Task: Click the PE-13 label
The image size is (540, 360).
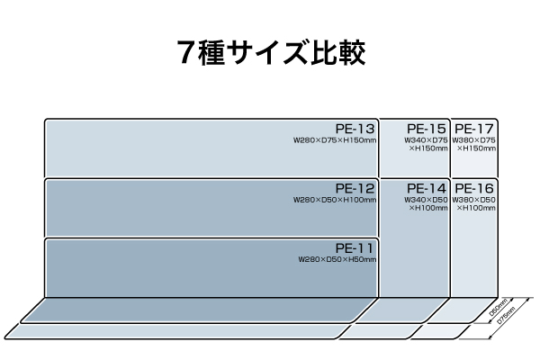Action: pyautogui.click(x=354, y=130)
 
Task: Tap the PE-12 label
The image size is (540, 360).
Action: pyautogui.click(x=354, y=188)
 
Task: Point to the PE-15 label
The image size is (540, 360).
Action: pyautogui.click(x=427, y=130)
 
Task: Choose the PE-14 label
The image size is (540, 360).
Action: pyautogui.click(x=427, y=188)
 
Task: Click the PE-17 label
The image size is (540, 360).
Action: pyautogui.click(x=474, y=130)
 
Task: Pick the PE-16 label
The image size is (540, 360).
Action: pyautogui.click(x=474, y=188)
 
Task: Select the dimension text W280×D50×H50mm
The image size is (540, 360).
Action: pyautogui.click(x=337, y=259)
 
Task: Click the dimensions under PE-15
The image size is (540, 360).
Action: pyautogui.click(x=427, y=144)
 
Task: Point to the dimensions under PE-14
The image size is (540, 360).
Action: pyautogui.click(x=427, y=203)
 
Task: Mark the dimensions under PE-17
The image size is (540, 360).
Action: pyautogui.click(x=474, y=144)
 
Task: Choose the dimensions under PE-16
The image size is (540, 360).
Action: pyautogui.click(x=474, y=203)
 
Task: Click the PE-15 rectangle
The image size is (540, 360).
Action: pyautogui.click(x=413, y=164)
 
